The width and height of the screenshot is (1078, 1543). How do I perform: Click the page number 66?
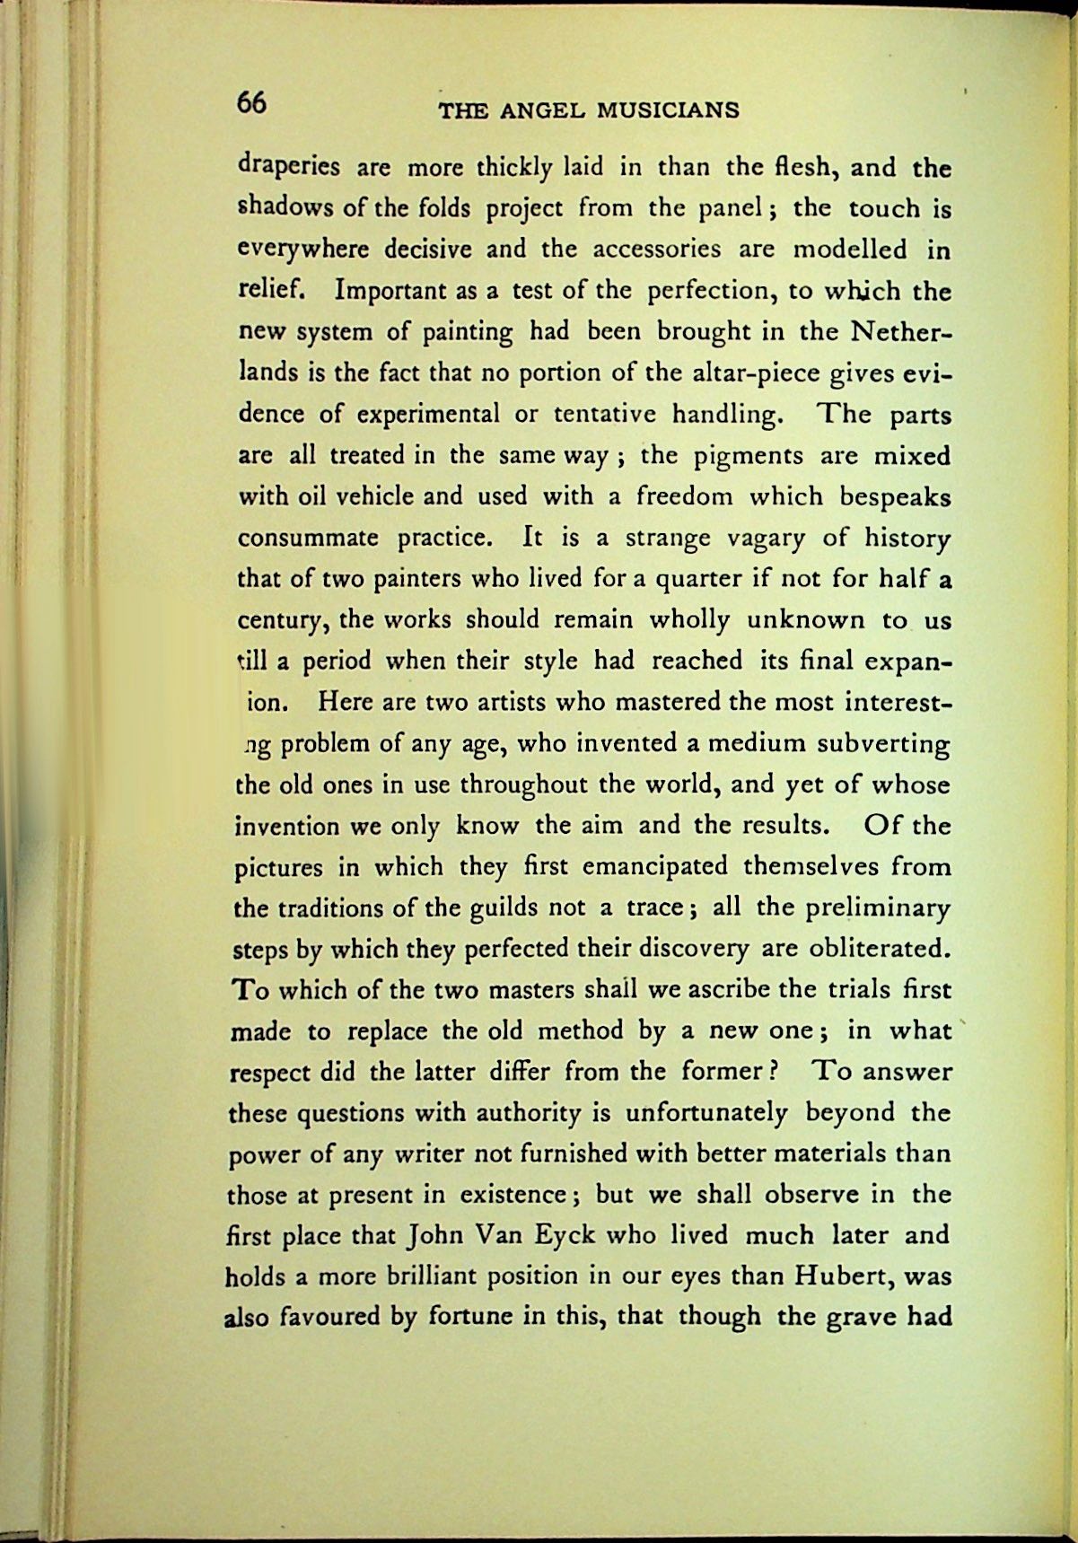(251, 102)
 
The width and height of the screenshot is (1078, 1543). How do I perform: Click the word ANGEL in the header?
(541, 110)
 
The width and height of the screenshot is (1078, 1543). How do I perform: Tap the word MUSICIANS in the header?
(669, 110)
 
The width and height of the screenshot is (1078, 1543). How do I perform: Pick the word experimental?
(428, 415)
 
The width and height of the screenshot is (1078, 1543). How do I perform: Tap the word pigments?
(749, 456)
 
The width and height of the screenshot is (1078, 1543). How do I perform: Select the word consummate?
(310, 539)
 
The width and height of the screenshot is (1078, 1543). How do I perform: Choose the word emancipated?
(655, 867)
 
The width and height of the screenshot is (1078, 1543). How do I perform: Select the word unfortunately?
(706, 1114)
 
